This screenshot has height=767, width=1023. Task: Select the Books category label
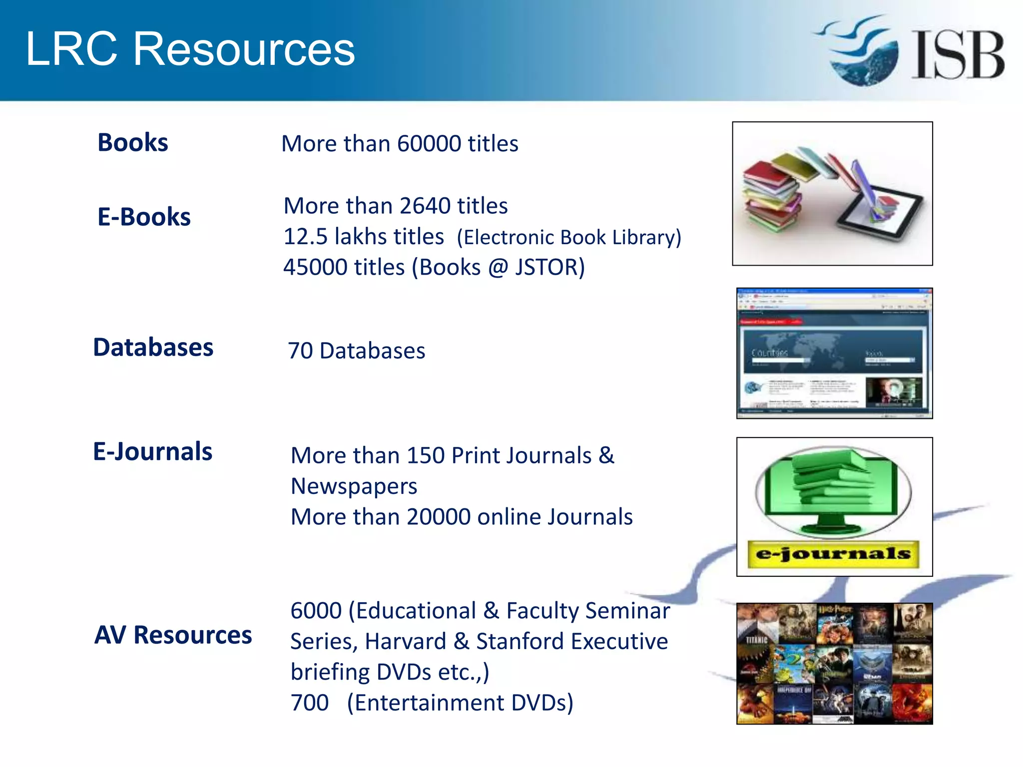tap(133, 143)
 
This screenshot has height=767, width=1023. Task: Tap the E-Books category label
tap(144, 217)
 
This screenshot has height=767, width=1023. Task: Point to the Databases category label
tap(153, 348)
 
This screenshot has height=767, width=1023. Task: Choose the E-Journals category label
tap(153, 451)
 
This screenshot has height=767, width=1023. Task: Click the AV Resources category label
tap(173, 635)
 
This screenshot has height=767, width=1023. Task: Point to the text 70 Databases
tap(357, 351)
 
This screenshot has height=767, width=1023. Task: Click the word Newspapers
tap(354, 486)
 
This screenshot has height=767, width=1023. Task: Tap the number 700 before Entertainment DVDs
tap(310, 703)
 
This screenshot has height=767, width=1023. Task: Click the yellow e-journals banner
tap(833, 554)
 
